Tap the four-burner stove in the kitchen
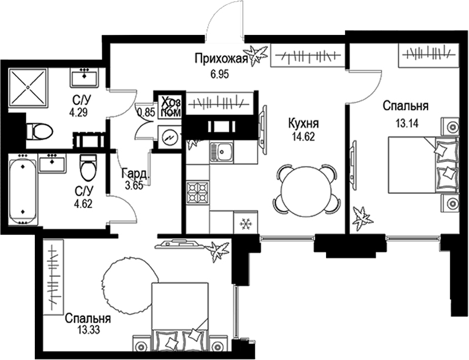[x=197, y=193]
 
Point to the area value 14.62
[x=302, y=137]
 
